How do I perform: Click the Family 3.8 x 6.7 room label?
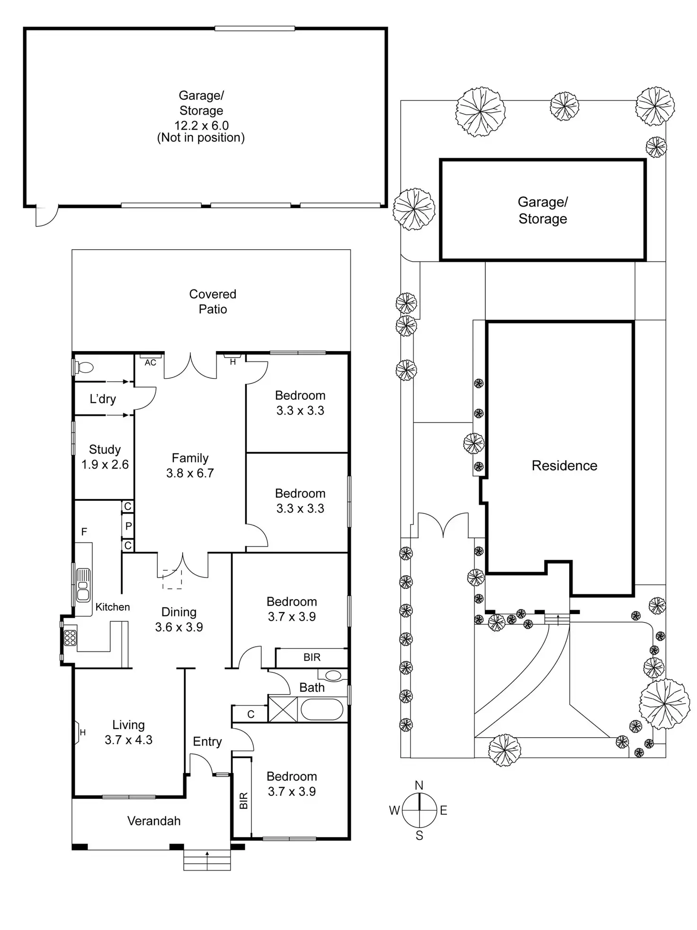pyautogui.click(x=190, y=465)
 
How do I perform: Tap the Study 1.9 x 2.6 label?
pyautogui.click(x=105, y=457)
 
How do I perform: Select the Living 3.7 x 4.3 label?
pyautogui.click(x=128, y=732)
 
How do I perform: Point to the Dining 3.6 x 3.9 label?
pyautogui.click(x=179, y=619)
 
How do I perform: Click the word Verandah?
pyautogui.click(x=154, y=821)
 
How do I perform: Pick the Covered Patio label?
pyautogui.click(x=213, y=301)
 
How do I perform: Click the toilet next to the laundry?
pyautogui.click(x=85, y=367)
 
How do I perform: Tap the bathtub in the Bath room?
pyautogui.click(x=322, y=709)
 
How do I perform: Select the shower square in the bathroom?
pyautogui.click(x=283, y=709)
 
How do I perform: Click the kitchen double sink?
pyautogui.click(x=83, y=585)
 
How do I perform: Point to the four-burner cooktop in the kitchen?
pyautogui.click(x=70, y=637)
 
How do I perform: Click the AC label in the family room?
pyautogui.click(x=150, y=362)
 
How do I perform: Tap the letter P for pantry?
pyautogui.click(x=128, y=526)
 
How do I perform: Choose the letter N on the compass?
pyautogui.click(x=419, y=786)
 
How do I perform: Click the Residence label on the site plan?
pyautogui.click(x=564, y=465)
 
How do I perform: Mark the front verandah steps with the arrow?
pyautogui.click(x=207, y=859)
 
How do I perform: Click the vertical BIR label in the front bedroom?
pyautogui.click(x=243, y=801)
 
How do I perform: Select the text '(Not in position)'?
pyautogui.click(x=201, y=137)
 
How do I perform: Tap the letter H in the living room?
pyautogui.click(x=82, y=732)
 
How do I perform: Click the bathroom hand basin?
pyautogui.click(x=333, y=676)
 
